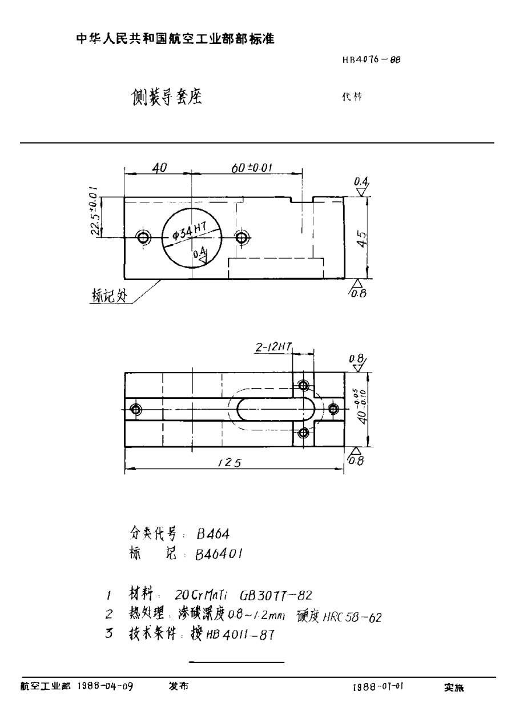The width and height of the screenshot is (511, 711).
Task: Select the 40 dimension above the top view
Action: click(159, 168)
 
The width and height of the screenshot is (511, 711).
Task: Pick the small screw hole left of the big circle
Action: click(143, 237)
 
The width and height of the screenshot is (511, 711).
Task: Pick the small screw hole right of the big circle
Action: click(242, 237)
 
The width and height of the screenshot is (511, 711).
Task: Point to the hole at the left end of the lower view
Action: click(136, 409)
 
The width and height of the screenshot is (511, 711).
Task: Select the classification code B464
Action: click(212, 534)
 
